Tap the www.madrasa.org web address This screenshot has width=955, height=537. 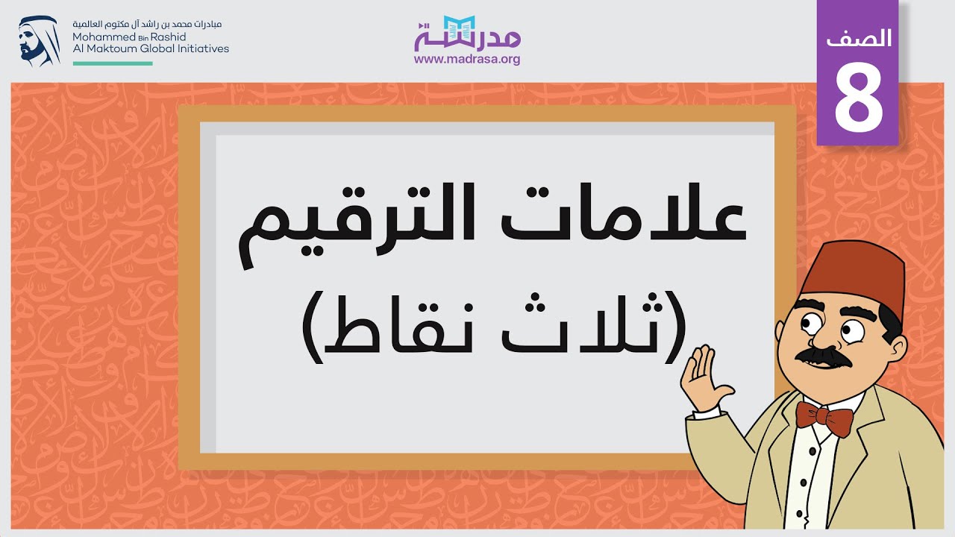pyautogui.click(x=467, y=60)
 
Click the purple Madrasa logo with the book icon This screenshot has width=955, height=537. pyautogui.click(x=467, y=34)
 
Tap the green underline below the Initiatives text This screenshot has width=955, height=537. pyautogui.click(x=113, y=64)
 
